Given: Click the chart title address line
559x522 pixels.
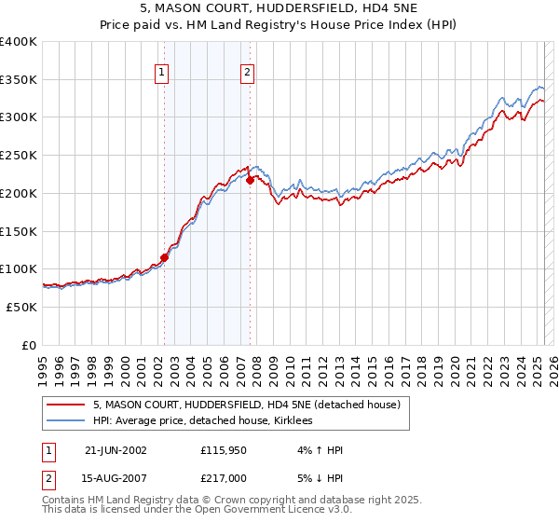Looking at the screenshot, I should (x=279, y=8).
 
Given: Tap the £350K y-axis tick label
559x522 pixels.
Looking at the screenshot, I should (x=19, y=80).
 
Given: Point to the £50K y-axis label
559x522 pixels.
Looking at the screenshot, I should (x=21, y=307).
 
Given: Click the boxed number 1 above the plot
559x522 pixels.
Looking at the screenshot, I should (x=162, y=73).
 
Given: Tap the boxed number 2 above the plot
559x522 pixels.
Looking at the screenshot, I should (x=247, y=73).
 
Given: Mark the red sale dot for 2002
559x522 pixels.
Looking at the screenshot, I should (x=164, y=257).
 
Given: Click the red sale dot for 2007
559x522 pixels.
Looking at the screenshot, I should (x=250, y=181).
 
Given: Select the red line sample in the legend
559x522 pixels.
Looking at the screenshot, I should (x=65, y=405).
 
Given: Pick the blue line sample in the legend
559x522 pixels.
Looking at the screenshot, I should (x=65, y=421).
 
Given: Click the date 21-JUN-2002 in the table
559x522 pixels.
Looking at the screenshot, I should (x=116, y=450).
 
